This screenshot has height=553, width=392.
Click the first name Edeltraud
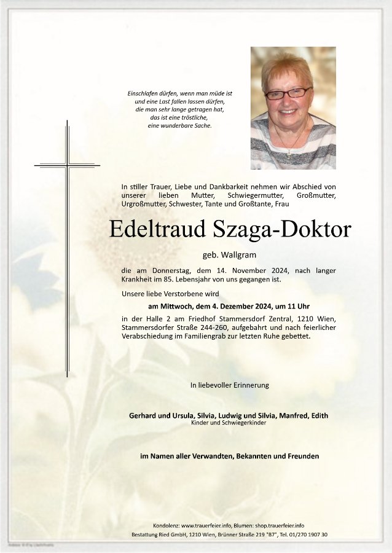(x=157, y=229)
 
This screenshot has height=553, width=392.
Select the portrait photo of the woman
(x=293, y=108)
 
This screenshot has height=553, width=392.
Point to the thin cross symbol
(x=67, y=165)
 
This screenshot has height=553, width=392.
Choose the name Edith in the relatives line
(x=319, y=416)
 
